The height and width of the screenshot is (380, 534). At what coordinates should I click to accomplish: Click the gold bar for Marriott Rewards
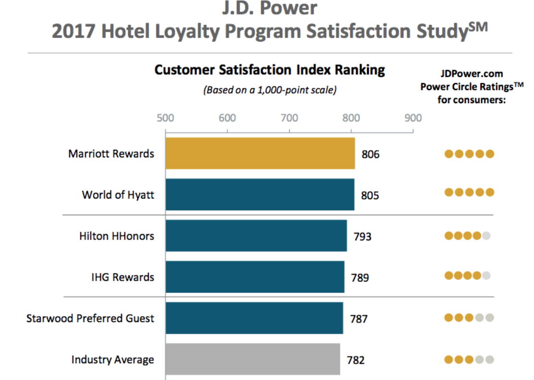[x=260, y=154]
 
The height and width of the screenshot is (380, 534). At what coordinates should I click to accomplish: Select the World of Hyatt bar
[x=260, y=195]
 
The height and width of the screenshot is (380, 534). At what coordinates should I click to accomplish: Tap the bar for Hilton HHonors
[x=256, y=236]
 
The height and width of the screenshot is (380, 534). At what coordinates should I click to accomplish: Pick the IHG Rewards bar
[x=255, y=277]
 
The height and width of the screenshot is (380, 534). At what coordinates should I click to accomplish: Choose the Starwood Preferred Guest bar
[x=255, y=318]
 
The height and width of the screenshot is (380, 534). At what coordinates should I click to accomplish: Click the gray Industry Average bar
[x=253, y=359]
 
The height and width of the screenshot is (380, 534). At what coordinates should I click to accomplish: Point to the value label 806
[x=370, y=154]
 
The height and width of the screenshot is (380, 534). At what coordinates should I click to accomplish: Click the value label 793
[x=362, y=237]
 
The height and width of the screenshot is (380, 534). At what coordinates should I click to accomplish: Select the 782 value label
[x=356, y=360]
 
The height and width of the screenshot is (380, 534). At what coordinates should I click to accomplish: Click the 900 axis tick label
[x=413, y=118]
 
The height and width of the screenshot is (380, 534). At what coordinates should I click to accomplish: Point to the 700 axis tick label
[x=289, y=118]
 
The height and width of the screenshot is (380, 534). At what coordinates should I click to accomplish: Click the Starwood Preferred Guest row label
[x=90, y=318]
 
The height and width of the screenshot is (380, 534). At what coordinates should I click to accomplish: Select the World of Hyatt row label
[x=118, y=195]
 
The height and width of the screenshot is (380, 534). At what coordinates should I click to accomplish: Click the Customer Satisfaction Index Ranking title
[x=269, y=70]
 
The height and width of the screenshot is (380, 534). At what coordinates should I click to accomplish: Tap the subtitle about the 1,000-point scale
[x=269, y=90]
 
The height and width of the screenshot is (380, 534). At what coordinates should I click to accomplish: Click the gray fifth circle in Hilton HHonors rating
[x=486, y=236]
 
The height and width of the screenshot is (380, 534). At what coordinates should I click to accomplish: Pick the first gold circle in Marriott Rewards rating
[x=449, y=154]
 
